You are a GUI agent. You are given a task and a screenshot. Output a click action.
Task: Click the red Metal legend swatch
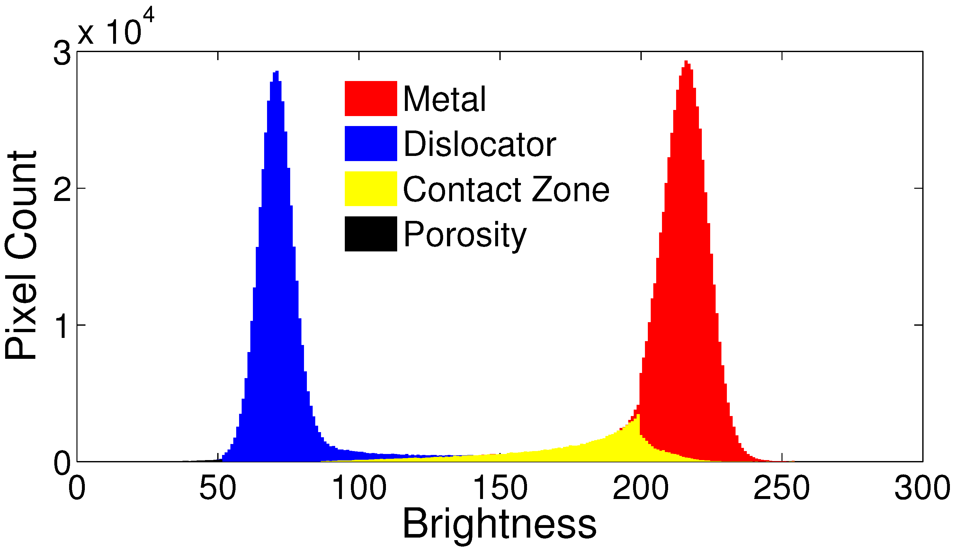(x=371, y=98)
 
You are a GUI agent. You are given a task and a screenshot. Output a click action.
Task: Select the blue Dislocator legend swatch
(x=371, y=143)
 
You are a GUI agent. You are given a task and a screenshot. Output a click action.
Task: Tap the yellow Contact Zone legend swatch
(x=371, y=189)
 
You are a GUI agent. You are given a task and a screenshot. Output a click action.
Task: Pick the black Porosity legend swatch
(x=371, y=234)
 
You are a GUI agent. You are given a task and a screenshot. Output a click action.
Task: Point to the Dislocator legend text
(x=479, y=144)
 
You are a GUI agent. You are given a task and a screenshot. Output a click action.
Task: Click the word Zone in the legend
(x=571, y=189)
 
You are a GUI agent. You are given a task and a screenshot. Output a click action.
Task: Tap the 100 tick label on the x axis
(x=359, y=488)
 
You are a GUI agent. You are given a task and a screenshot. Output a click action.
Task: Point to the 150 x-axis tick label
(x=500, y=488)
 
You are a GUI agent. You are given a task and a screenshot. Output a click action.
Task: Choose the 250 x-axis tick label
(x=782, y=488)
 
